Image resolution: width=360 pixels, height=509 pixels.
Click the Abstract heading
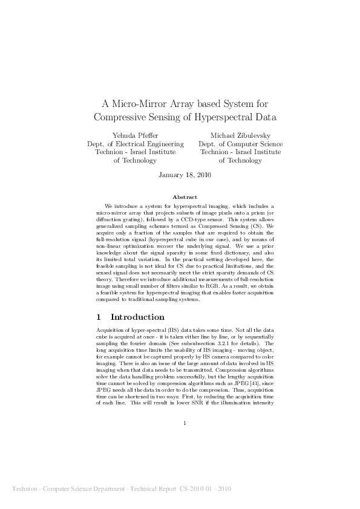tap(185, 197)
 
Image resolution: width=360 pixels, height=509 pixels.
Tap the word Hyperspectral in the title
tap(231, 116)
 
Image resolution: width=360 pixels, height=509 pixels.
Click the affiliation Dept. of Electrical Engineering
tap(136, 144)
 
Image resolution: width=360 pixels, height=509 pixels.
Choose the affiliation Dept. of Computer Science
tap(240, 144)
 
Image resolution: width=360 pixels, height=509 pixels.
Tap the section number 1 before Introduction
tap(99, 317)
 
